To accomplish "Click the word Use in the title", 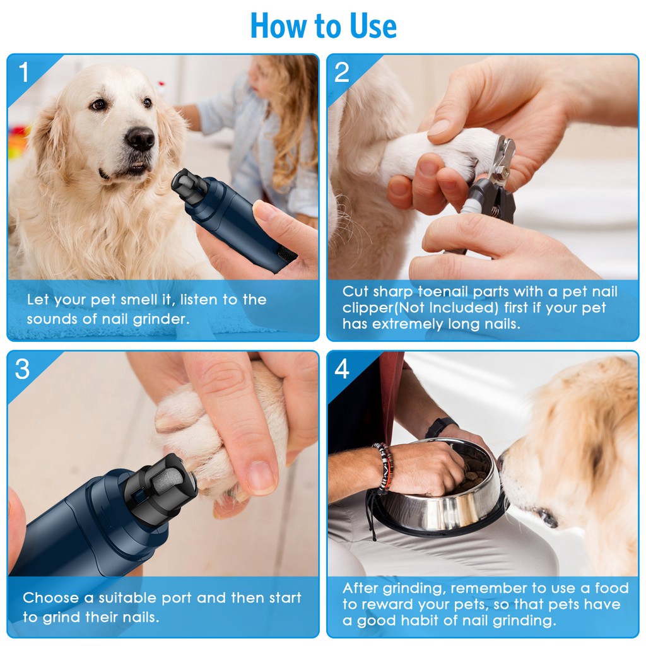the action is pyautogui.click(x=373, y=26).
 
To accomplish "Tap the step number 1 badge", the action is pyautogui.click(x=24, y=72).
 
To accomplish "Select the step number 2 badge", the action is pyautogui.click(x=342, y=72).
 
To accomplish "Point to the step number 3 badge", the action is pyautogui.click(x=22, y=368).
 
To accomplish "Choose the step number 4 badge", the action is pyautogui.click(x=342, y=368).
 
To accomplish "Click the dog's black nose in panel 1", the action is pyautogui.click(x=140, y=138).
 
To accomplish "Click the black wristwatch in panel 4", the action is pyautogui.click(x=440, y=426).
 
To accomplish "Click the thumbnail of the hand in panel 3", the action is pyautogui.click(x=261, y=478).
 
